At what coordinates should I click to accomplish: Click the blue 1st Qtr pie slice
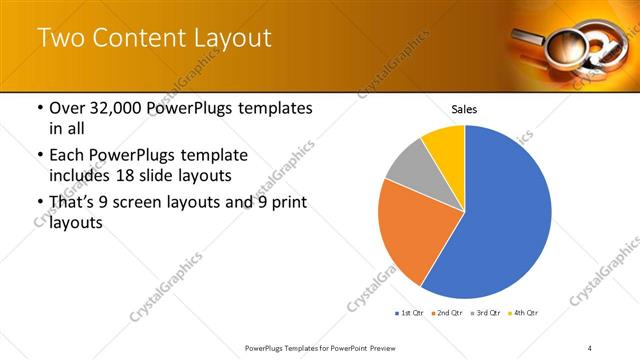point(500,220)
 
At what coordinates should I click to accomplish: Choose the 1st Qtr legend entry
point(409,313)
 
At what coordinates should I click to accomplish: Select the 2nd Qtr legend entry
point(446,313)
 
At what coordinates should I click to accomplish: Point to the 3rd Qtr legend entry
point(484,313)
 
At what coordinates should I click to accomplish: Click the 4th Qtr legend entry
point(521,313)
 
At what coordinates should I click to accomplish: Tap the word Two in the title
point(59,39)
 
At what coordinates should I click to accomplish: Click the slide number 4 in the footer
point(590,347)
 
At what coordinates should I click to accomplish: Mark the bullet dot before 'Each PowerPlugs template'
point(38,156)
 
